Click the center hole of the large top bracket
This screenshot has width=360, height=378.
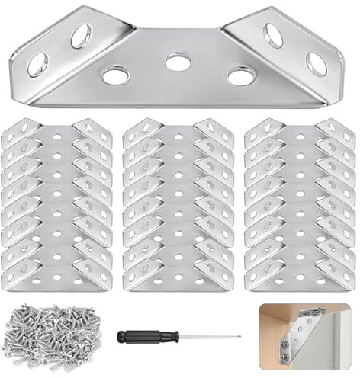[178, 61]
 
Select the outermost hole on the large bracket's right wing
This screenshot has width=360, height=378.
[317, 64]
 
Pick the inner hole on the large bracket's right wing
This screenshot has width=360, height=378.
[273, 35]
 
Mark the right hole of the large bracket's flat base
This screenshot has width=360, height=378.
[241, 75]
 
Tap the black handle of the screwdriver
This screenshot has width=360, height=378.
[142, 335]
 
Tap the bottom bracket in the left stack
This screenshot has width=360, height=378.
[57, 273]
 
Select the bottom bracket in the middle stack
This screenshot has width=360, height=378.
[178, 273]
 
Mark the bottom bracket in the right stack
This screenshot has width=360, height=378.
[301, 273]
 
